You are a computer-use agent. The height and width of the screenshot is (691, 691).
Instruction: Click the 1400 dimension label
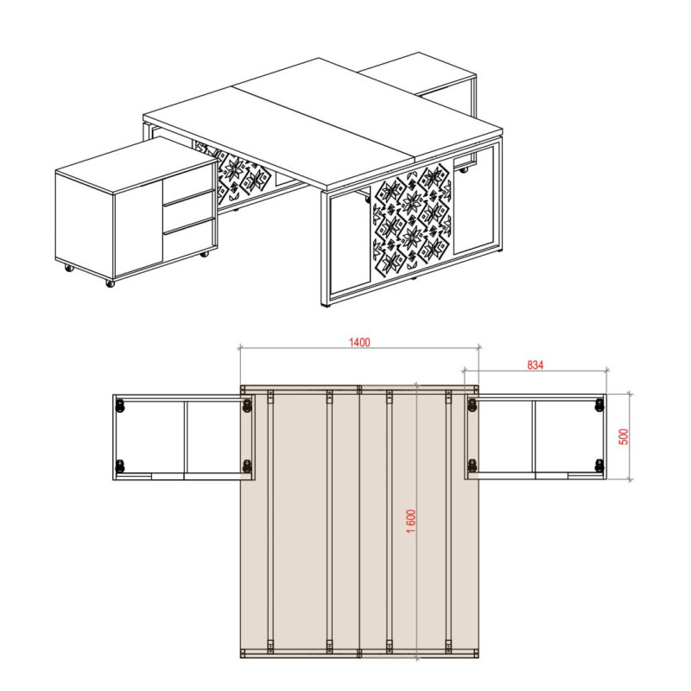pyautogui.click(x=359, y=342)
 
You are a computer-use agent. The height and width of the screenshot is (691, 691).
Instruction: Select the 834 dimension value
pyautogui.click(x=535, y=365)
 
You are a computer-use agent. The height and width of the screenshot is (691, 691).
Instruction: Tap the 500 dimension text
pyautogui.click(x=624, y=436)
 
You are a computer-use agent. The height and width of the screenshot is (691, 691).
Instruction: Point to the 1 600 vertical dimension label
pyautogui.click(x=411, y=522)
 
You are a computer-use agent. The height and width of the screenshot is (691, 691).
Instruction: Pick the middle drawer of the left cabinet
pyautogui.click(x=189, y=212)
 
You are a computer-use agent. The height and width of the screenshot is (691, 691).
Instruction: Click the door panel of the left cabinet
pyautogui.click(x=139, y=232)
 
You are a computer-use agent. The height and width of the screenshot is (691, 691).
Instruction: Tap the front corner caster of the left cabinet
pyautogui.click(x=111, y=283)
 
